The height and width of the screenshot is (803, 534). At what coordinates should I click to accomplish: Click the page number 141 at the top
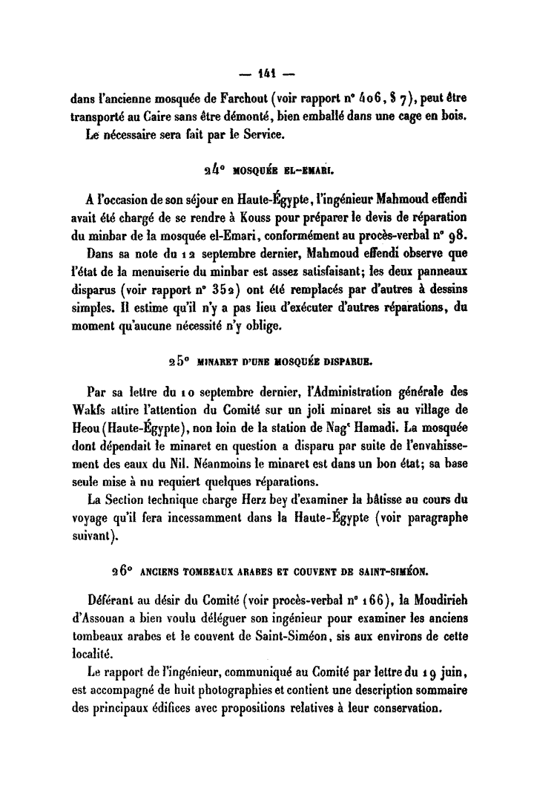click(x=268, y=73)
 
